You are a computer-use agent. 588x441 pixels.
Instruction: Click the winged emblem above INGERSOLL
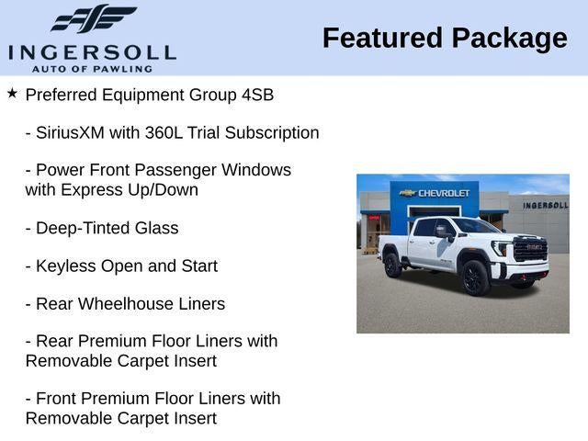(x=94, y=18)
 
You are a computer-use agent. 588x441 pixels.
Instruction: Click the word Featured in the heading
(x=382, y=38)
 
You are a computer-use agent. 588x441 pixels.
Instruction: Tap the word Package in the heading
(x=509, y=39)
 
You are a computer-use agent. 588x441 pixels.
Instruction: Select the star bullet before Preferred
(x=12, y=93)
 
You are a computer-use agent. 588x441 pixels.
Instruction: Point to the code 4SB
(x=257, y=95)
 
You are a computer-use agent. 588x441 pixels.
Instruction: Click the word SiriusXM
(x=70, y=132)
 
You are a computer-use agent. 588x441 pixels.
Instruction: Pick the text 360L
(x=164, y=132)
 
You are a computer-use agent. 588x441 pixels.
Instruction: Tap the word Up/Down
(x=163, y=190)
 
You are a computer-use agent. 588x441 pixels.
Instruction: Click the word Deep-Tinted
(x=83, y=229)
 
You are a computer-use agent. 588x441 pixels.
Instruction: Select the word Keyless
(x=65, y=266)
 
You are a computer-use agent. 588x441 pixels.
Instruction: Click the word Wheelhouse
(x=125, y=304)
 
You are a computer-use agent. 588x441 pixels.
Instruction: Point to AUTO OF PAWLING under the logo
(x=92, y=69)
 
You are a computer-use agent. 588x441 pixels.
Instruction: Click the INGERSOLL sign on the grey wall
(x=546, y=205)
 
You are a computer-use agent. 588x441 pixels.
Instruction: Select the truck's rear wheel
(x=392, y=265)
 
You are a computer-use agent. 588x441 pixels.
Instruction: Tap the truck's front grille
(x=530, y=248)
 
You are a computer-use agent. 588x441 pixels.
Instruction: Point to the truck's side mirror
(x=444, y=232)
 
